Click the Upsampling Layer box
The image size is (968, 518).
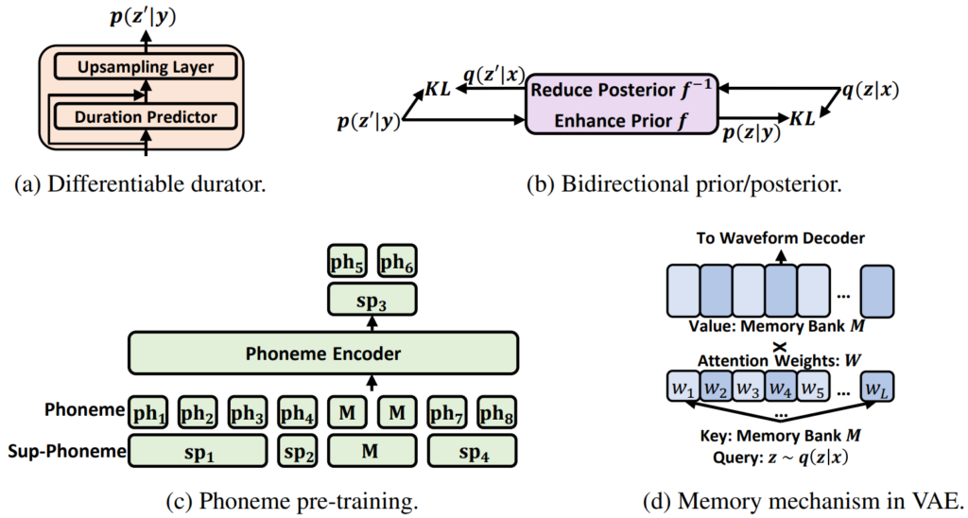tap(145, 68)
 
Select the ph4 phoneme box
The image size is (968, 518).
tap(297, 412)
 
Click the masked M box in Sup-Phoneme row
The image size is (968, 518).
tap(371, 452)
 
